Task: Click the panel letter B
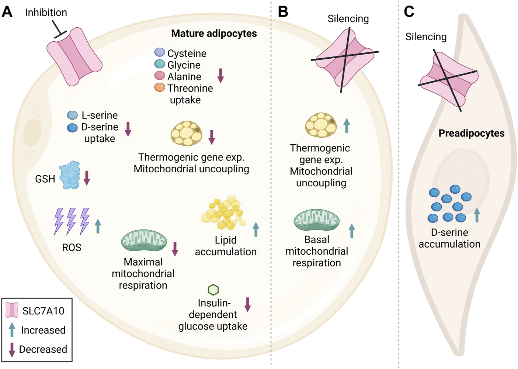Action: [x=283, y=12]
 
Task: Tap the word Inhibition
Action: [x=46, y=13]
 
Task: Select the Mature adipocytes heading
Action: [x=214, y=34]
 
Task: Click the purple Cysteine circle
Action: [x=160, y=52]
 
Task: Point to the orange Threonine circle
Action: [x=160, y=87]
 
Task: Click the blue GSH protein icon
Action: [x=70, y=175]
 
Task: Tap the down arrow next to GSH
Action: [x=87, y=178]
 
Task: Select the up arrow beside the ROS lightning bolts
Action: [x=98, y=226]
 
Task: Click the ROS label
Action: [x=72, y=248]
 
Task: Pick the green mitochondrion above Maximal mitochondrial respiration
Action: [x=144, y=240]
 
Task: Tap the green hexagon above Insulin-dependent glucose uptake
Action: [x=213, y=290]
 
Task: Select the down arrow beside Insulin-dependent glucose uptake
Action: [x=248, y=304]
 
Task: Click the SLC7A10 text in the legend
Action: [x=43, y=311]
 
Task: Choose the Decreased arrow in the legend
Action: [x=12, y=349]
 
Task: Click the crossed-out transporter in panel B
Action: [x=345, y=59]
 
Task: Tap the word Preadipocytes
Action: [x=471, y=133]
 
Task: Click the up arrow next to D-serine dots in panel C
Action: [x=477, y=215]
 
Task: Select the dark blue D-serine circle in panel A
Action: [x=72, y=128]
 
